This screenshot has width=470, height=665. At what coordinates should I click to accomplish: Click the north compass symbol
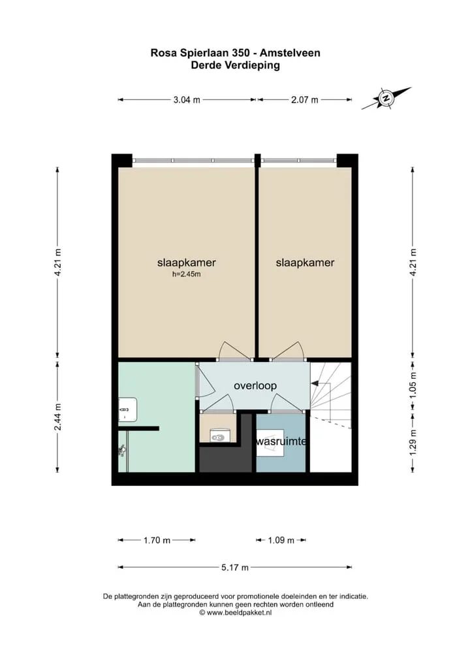pos(386,98)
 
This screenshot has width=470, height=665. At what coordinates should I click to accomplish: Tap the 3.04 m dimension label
pos(187,100)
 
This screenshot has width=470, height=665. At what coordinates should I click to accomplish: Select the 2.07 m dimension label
pos(304,100)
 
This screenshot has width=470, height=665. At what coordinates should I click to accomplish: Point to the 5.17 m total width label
pos(235,568)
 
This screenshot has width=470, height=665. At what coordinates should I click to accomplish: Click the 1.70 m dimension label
pos(157,540)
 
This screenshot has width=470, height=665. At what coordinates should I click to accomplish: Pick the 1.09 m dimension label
pos(281,540)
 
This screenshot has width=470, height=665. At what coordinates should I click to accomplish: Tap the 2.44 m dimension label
pos(57,417)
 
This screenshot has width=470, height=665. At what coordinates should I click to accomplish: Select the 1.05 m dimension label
pos(413,384)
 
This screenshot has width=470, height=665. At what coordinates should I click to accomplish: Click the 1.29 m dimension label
pos(413,443)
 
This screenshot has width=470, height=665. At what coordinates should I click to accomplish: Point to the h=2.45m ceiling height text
pos(187,274)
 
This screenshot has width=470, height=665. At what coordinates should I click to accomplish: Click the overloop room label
pos(255,386)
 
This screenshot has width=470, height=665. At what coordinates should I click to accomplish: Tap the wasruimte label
pos(281,441)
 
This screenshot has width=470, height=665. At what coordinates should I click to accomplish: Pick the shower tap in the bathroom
pos(122,450)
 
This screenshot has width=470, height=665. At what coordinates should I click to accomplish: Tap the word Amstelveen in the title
pos(290,53)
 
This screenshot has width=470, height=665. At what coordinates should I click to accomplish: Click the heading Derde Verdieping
pos(235,65)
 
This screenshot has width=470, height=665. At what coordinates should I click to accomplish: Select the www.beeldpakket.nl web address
pos(239,612)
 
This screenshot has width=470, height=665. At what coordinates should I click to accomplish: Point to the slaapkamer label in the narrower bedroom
pos(305,263)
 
